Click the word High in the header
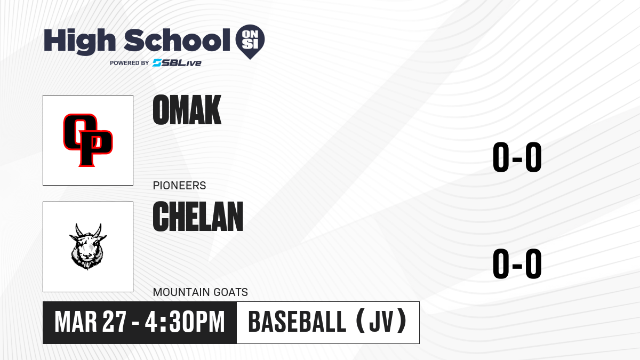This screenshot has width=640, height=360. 79,42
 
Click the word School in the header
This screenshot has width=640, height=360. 177,40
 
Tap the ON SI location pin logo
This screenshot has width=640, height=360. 250,42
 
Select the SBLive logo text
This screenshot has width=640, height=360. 177,63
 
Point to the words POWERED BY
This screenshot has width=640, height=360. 130,63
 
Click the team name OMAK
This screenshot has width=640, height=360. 187,110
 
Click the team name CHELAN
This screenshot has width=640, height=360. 198,217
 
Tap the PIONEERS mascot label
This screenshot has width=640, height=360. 179,186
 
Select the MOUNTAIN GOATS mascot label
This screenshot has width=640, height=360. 201,292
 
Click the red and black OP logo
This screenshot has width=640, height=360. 88,140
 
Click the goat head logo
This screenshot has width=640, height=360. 88,247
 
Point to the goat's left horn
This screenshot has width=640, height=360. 78,230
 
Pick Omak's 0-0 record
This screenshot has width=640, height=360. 517,157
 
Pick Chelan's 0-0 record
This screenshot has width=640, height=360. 517,263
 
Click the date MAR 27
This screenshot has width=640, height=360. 90,322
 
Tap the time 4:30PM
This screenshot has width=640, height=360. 185,322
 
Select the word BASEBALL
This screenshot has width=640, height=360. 298,322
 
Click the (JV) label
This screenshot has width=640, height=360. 381,321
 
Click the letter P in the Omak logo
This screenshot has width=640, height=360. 94,149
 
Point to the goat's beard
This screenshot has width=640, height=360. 87,265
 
